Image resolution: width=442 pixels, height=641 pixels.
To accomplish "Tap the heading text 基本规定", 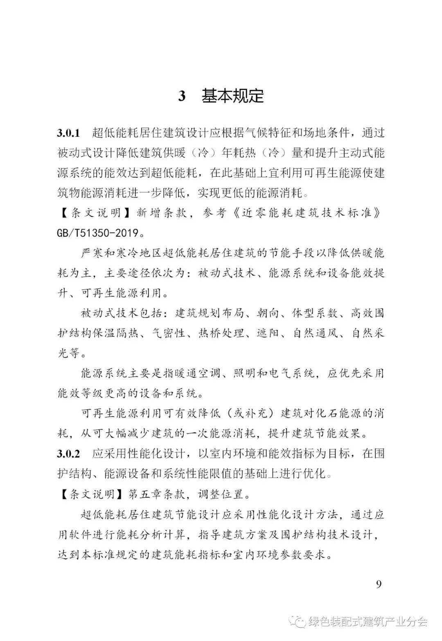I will click(x=232, y=96).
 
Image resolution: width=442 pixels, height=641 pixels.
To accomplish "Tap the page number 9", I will click(x=379, y=584).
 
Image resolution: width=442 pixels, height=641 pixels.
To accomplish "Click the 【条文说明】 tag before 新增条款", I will click(x=90, y=213).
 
